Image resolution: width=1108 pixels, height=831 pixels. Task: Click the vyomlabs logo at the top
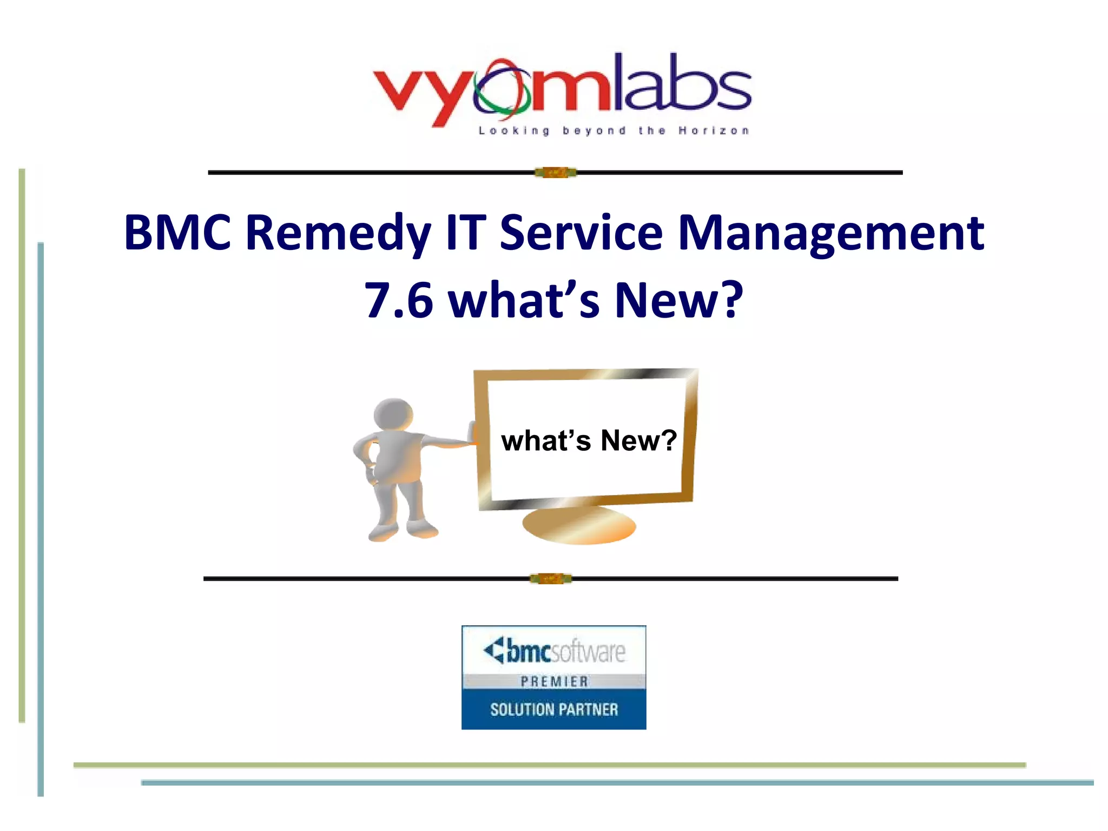click(x=562, y=89)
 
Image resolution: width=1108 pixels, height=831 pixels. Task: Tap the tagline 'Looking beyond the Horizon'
click(x=614, y=131)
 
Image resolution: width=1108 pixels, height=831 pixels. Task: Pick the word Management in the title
click(x=830, y=234)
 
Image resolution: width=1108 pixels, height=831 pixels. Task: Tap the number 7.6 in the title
click(x=399, y=300)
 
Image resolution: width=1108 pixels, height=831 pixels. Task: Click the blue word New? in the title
click(x=679, y=300)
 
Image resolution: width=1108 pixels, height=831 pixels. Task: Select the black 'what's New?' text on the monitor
click(x=589, y=440)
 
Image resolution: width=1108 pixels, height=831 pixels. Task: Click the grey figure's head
click(x=394, y=414)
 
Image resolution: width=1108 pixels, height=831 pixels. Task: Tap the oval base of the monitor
click(x=579, y=525)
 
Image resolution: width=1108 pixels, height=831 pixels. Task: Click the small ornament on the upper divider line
click(x=556, y=173)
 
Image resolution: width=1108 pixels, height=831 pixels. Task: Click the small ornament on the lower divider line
click(x=551, y=579)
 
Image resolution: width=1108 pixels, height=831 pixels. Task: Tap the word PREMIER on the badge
click(x=554, y=682)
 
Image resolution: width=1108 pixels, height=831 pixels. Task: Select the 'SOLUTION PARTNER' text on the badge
click(x=554, y=709)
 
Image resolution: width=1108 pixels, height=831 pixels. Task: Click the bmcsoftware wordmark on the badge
click(x=555, y=651)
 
